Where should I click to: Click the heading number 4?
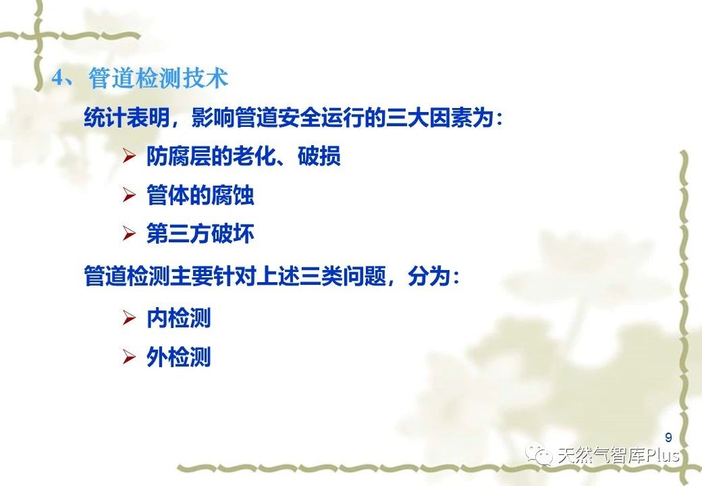(59, 78)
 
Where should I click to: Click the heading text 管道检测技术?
(159, 78)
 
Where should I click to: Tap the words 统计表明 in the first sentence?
(127, 117)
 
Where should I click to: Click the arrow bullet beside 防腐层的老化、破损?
(129, 156)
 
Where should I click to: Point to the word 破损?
(319, 156)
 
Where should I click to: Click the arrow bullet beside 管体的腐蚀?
(129, 194)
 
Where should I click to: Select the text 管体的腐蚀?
(200, 194)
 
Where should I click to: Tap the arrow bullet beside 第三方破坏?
(129, 233)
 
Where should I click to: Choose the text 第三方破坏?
(200, 233)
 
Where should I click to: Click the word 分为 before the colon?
(429, 275)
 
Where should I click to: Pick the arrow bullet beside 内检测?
(129, 318)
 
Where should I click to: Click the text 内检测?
(178, 318)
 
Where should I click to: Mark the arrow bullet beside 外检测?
(129, 356)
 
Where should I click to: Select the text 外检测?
(178, 356)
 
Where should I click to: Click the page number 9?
(668, 437)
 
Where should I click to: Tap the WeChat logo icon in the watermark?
(539, 454)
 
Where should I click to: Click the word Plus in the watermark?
(662, 455)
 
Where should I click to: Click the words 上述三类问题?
(321, 275)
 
